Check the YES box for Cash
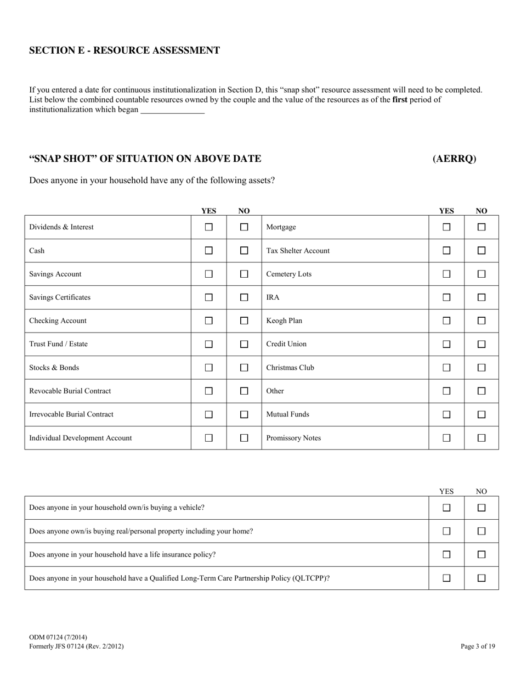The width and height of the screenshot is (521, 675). [x=208, y=250]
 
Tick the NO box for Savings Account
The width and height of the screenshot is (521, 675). [x=244, y=274]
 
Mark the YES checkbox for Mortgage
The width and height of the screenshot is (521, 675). [x=446, y=227]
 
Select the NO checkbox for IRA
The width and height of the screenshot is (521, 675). [x=481, y=297]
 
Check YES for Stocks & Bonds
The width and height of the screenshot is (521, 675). [x=208, y=368]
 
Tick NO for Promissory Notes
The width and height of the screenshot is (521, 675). [x=481, y=438]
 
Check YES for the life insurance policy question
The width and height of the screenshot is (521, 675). [x=446, y=554]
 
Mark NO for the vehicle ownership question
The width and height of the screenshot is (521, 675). [x=481, y=508]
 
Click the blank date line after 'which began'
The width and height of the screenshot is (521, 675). [x=172, y=110]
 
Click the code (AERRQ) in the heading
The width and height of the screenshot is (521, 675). [x=454, y=159]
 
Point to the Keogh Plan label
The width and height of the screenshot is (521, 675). [x=284, y=320]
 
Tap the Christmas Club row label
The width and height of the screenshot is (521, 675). [x=290, y=368]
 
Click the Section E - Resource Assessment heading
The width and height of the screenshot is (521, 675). [x=124, y=50]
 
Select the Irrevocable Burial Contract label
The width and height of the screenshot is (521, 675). [x=71, y=414]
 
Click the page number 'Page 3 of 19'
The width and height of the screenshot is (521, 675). [x=478, y=646]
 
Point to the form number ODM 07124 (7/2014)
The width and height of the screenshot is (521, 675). [x=58, y=637]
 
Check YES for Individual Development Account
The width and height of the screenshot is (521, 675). [x=208, y=438]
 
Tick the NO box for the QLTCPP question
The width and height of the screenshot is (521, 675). [x=481, y=578]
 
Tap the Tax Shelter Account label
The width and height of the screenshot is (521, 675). [x=298, y=251]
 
